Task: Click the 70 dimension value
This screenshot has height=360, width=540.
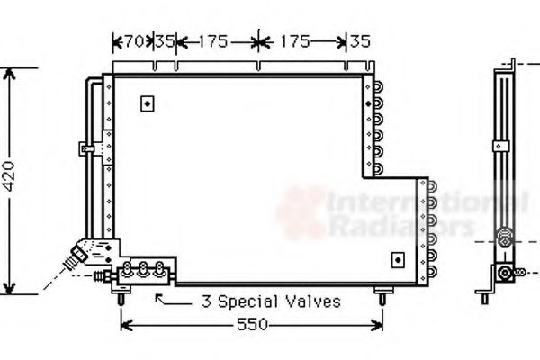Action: pos(133,40)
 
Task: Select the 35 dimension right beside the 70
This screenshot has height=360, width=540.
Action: pos(164,40)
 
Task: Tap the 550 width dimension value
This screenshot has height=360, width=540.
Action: pos(252,325)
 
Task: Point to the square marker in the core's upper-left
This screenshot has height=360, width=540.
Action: pos(147,103)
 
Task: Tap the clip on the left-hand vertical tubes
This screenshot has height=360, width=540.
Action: pos(86,147)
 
